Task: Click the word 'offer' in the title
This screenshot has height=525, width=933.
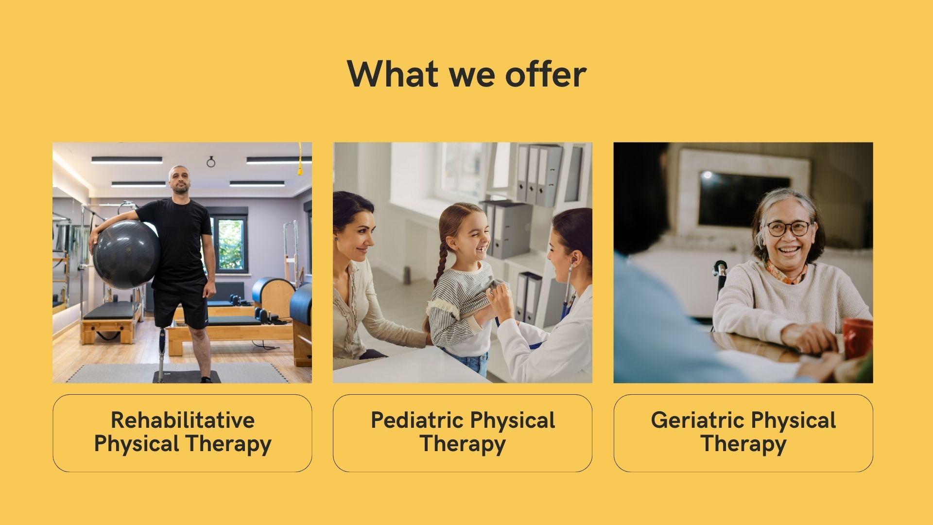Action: tap(546, 74)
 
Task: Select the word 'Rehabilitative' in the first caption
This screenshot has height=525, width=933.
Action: tap(183, 420)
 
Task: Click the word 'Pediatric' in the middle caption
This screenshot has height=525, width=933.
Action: tap(417, 420)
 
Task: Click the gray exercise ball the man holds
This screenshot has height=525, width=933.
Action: tap(126, 254)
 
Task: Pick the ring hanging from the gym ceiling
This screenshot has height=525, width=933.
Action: tap(211, 162)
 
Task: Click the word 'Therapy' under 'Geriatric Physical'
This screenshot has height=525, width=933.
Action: tap(743, 444)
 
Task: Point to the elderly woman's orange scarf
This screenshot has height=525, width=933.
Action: tap(786, 273)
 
